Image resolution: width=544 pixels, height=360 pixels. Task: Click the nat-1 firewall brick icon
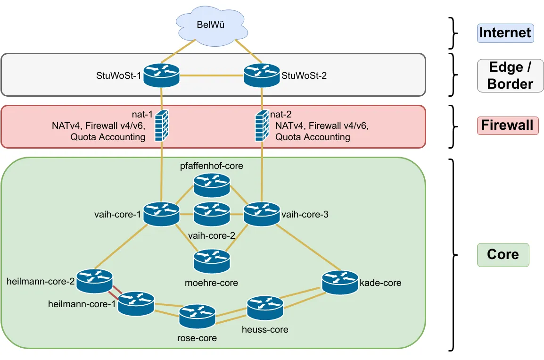(162, 126)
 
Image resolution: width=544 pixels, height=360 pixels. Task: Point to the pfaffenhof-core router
(212, 185)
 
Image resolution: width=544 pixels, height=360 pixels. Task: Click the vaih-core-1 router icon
(162, 214)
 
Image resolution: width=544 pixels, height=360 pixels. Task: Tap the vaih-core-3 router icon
(262, 214)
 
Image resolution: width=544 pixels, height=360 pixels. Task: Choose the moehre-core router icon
(212, 261)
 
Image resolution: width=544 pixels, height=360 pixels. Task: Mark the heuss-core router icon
(265, 308)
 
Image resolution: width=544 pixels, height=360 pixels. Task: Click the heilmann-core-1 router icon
(136, 304)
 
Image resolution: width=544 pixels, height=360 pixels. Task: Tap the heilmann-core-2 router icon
(94, 280)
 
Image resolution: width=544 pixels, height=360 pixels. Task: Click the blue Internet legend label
(505, 33)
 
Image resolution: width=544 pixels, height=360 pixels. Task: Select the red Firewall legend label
(507, 126)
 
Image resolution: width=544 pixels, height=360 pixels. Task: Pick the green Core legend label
(503, 255)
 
